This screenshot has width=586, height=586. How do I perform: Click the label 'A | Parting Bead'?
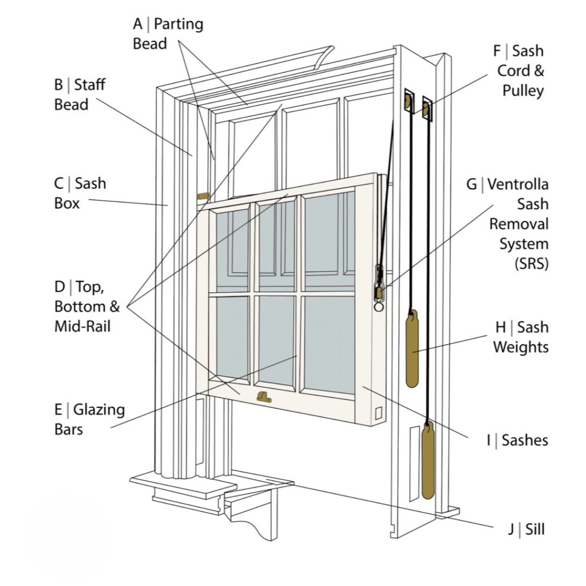pyautogui.click(x=168, y=34)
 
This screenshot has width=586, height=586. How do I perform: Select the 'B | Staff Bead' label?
pyautogui.click(x=80, y=95)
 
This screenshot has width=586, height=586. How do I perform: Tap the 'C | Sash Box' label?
pyautogui.click(x=80, y=193)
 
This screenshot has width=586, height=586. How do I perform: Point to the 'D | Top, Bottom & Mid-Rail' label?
pyautogui.click(x=87, y=306)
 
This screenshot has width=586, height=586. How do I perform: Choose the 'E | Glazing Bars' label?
pyautogui.click(x=89, y=419)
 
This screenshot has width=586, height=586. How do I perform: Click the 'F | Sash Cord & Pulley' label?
pyautogui.click(x=518, y=70)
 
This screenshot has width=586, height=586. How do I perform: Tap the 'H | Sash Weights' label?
pyautogui.click(x=521, y=337)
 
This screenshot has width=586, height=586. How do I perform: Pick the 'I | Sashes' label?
pyautogui.click(x=517, y=439)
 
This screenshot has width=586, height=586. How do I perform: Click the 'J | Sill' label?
pyautogui.click(x=525, y=529)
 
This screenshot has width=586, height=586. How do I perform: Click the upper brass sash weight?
pyautogui.click(x=411, y=349)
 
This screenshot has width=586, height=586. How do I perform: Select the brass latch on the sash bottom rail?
pyautogui.click(x=264, y=397)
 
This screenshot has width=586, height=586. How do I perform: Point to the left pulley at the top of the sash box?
pyautogui.click(x=409, y=102)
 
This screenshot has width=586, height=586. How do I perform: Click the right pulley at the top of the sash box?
pyautogui.click(x=426, y=109)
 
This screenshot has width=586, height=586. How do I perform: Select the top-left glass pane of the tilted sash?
pyautogui.click(x=232, y=250)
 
